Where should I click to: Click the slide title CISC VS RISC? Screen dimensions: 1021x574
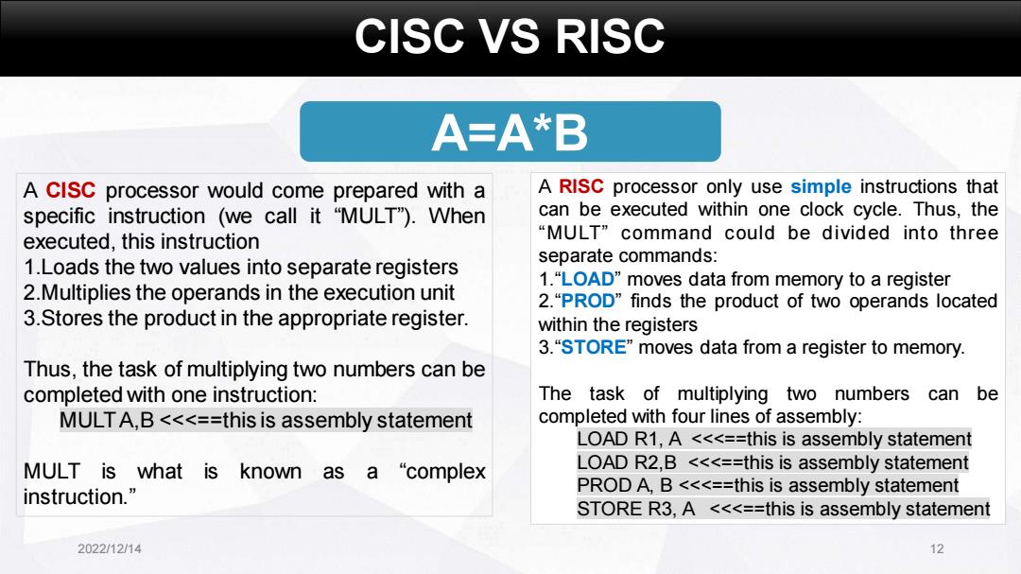pyautogui.click(x=510, y=37)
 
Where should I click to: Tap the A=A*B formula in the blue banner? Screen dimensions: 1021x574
pyautogui.click(x=510, y=132)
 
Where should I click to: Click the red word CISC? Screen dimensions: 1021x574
pyautogui.click(x=70, y=190)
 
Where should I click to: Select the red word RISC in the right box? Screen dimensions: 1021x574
pyautogui.click(x=580, y=186)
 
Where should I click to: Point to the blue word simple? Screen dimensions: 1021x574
pyautogui.click(x=821, y=187)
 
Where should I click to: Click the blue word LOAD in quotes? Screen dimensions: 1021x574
pyautogui.click(x=587, y=279)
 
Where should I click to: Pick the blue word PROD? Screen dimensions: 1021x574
pyautogui.click(x=587, y=301)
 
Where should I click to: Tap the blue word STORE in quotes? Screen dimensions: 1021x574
pyautogui.click(x=593, y=347)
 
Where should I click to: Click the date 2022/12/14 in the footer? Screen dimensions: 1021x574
pyautogui.click(x=110, y=548)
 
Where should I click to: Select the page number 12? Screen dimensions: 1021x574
pyautogui.click(x=936, y=548)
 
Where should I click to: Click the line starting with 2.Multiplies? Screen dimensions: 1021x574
pyautogui.click(x=239, y=292)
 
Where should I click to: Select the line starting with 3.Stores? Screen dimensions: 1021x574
pyautogui.click(x=246, y=318)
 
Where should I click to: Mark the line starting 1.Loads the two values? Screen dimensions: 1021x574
pyautogui.click(x=241, y=267)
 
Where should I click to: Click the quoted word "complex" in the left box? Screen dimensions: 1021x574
pyautogui.click(x=442, y=472)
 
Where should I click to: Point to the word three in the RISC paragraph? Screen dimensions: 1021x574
pyautogui.click(x=973, y=233)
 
